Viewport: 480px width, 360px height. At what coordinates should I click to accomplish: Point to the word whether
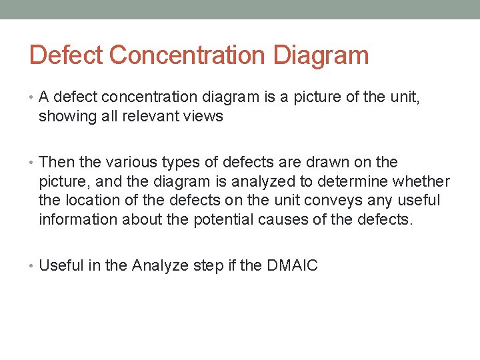pyautogui.click(x=421, y=181)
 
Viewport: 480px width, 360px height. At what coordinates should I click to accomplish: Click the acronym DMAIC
pyautogui.click(x=292, y=265)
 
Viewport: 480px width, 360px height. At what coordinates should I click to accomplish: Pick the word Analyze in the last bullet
pyautogui.click(x=159, y=265)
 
